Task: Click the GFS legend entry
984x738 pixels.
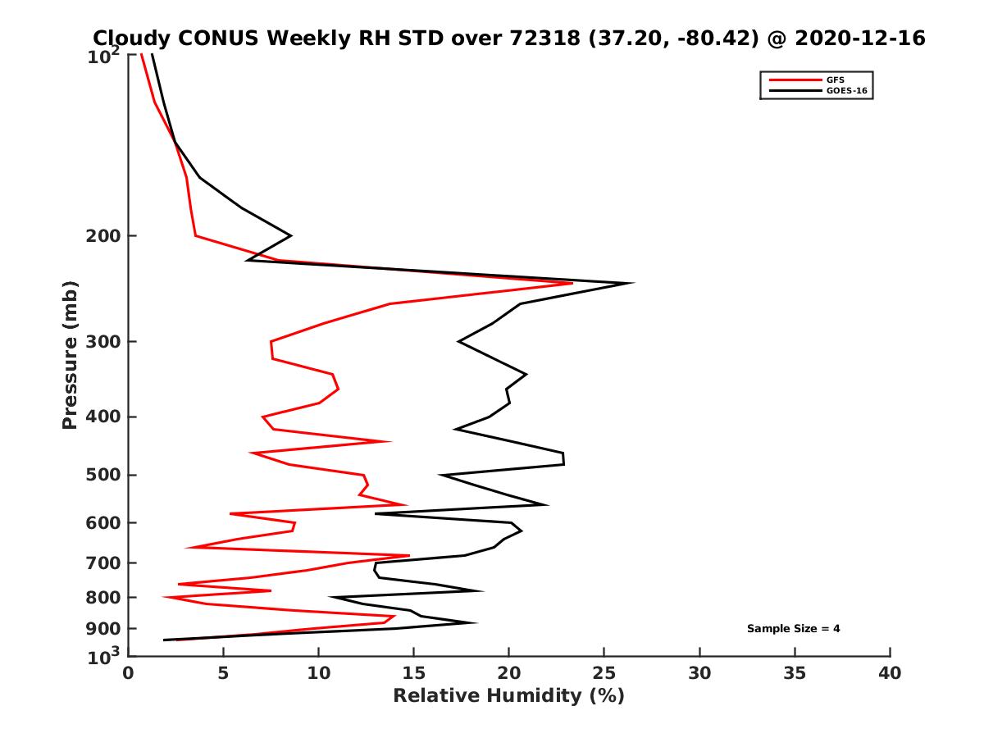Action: coord(834,80)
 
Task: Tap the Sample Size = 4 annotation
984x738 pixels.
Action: coord(793,629)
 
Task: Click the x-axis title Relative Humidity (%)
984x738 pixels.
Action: coord(508,696)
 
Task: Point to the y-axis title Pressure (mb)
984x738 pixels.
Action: coord(70,355)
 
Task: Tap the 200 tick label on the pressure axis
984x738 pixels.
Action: coord(104,236)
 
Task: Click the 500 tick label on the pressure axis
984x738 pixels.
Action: coord(104,475)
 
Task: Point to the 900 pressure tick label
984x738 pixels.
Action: coord(104,629)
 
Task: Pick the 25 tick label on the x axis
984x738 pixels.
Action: coord(604,674)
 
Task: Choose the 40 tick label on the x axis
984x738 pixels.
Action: coord(890,674)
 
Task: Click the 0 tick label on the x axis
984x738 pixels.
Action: coord(128,674)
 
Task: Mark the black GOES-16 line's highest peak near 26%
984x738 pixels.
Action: coord(632,283)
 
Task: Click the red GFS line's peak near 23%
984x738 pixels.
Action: coord(572,283)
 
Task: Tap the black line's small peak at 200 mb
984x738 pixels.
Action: coord(290,235)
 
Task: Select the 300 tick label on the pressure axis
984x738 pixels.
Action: coord(104,341)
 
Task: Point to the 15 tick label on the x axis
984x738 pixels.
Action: coord(413,674)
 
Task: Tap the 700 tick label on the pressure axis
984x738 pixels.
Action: coord(104,563)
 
